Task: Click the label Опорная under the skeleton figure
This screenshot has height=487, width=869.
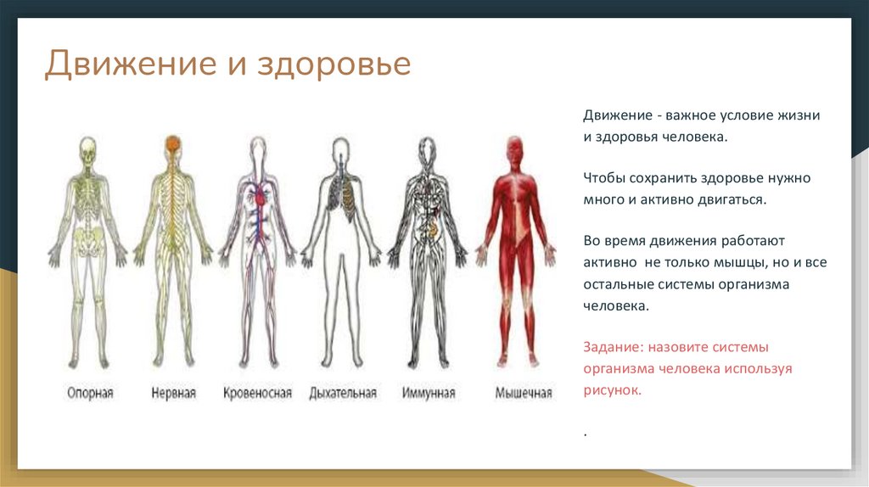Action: (90, 393)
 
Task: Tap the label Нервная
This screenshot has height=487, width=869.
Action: (174, 393)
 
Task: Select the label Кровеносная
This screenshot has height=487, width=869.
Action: (258, 393)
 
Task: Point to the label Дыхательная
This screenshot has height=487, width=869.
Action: (343, 393)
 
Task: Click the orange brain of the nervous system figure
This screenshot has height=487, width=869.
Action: (173, 143)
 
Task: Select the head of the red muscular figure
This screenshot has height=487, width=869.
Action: (513, 146)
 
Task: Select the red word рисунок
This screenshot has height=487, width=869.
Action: (611, 391)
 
